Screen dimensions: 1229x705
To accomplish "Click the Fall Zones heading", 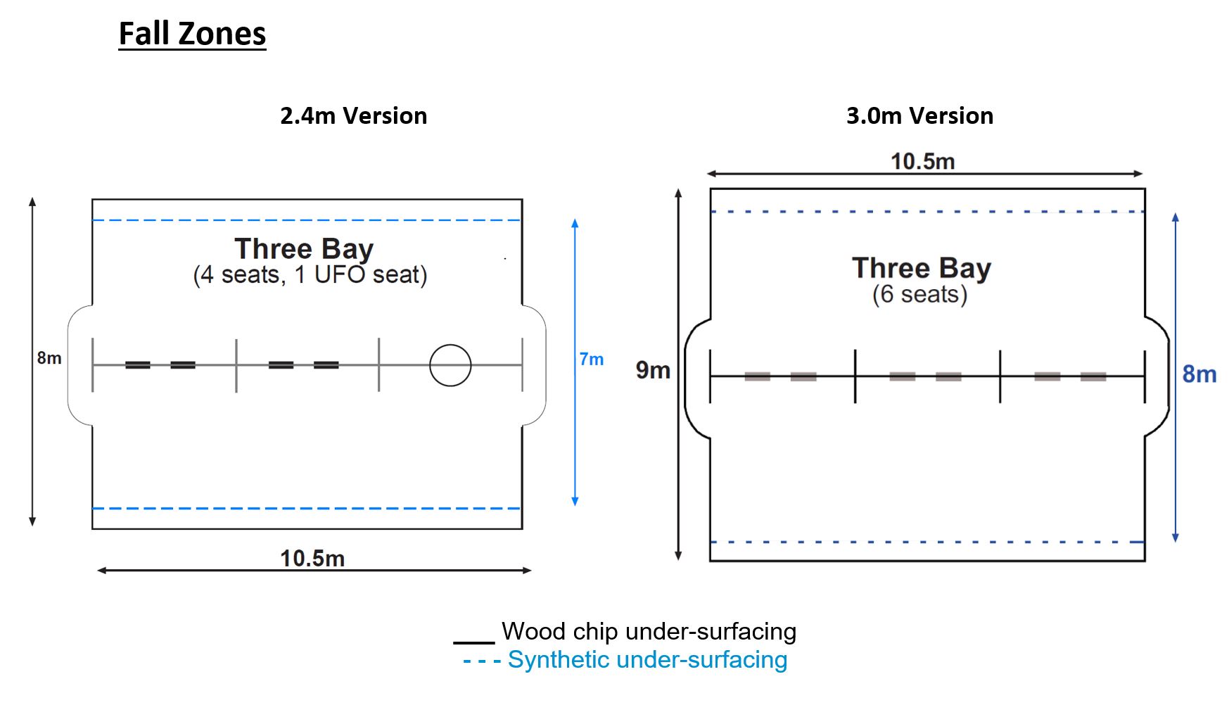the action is click(x=192, y=34).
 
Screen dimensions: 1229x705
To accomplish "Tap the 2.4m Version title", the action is click(x=353, y=115).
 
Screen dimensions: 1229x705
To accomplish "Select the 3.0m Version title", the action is click(x=919, y=115).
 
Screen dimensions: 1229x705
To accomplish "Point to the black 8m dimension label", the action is click(x=49, y=358).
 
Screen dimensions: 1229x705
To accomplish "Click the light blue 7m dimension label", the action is click(x=592, y=360).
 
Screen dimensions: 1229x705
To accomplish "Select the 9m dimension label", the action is click(x=653, y=370).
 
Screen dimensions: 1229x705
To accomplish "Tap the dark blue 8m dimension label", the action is click(x=1199, y=374).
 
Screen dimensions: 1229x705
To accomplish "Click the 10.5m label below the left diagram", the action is click(x=312, y=559).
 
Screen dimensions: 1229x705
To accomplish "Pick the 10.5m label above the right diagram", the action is click(x=923, y=162).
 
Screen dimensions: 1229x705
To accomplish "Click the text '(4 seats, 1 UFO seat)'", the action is click(x=310, y=274).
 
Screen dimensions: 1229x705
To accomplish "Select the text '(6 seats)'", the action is click(x=920, y=294).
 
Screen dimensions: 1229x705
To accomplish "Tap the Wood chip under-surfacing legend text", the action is click(x=649, y=631).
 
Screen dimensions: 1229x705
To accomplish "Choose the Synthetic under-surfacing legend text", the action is click(x=647, y=660).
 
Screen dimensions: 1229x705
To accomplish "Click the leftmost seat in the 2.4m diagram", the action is click(x=138, y=364).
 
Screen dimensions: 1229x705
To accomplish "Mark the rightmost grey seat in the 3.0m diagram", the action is click(x=1093, y=376).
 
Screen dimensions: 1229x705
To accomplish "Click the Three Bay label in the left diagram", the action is click(x=304, y=248).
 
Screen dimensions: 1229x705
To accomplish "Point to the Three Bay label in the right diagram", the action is click(x=922, y=268).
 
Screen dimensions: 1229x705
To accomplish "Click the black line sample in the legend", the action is click(x=474, y=642).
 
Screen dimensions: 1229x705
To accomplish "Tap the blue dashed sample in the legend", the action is click(x=482, y=661).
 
